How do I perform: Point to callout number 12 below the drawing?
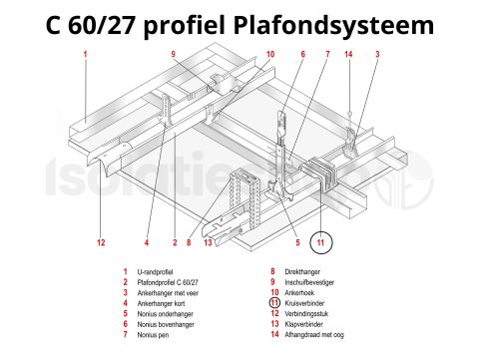point(101,242)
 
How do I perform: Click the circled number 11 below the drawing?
point(320,241)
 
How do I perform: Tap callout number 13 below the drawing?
point(208,242)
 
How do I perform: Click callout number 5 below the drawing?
point(296,242)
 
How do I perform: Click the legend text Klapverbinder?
point(305,323)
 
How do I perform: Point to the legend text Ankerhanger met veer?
point(172,292)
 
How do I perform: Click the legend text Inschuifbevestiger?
point(310,281)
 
